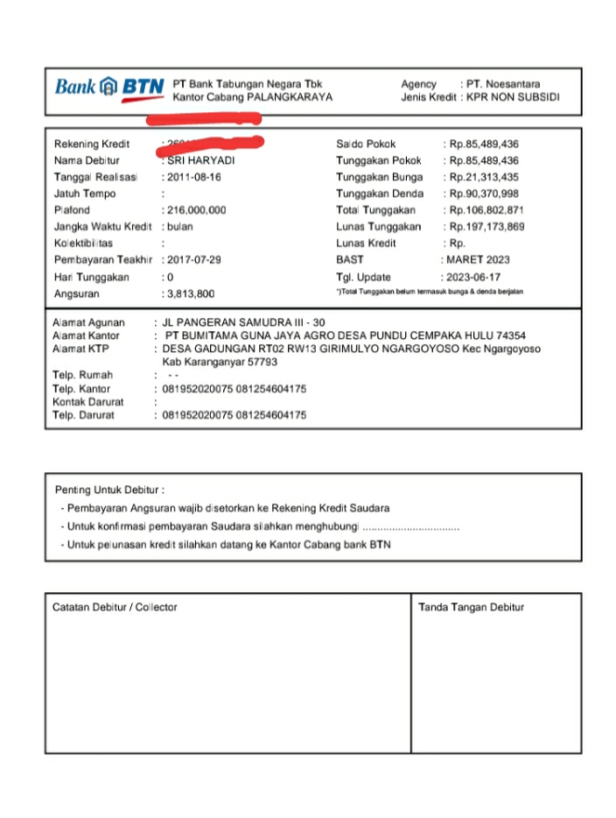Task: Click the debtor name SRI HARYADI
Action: coord(201,161)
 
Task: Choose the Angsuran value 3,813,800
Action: coord(191,294)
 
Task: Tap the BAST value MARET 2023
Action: coord(479,260)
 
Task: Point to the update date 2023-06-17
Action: coord(473,277)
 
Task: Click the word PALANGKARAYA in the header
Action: coord(290,98)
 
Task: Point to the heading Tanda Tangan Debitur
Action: coord(471,607)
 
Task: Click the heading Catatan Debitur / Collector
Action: coord(115,607)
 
